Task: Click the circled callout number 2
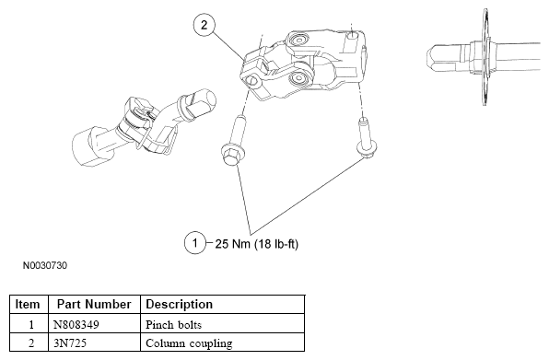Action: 204,25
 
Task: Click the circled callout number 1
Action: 195,243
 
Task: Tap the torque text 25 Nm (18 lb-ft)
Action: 256,244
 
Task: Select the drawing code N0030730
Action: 45,265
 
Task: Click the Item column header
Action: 28,305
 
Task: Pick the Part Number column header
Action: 94,305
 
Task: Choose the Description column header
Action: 179,305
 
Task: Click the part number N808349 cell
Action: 76,325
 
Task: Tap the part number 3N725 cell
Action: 70,343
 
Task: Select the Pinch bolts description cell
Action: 173,325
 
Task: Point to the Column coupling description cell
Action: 189,343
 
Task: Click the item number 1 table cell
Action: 31,325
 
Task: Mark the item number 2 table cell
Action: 31,343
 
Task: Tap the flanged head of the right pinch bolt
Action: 367,147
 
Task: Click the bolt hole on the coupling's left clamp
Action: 251,81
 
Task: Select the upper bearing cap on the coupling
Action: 298,40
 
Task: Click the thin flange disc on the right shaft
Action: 485,56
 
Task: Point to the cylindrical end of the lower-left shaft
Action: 87,147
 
